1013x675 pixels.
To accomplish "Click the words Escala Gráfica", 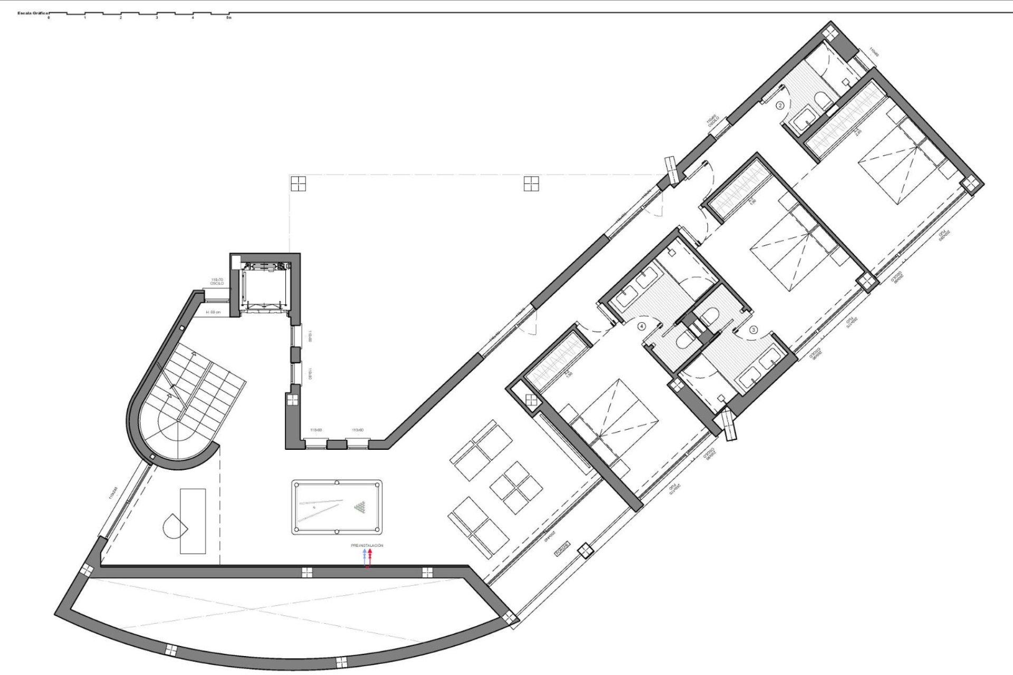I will [x=33, y=13].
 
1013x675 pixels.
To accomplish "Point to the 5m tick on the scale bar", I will [x=228, y=17].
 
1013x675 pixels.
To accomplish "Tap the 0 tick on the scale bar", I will [x=49, y=17].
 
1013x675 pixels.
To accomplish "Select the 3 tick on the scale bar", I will [x=157, y=17].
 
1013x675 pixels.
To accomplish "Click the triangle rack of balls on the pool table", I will [x=361, y=507].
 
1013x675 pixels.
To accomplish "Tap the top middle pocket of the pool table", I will [x=337, y=482].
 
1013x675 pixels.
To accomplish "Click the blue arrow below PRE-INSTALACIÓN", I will [x=364, y=554].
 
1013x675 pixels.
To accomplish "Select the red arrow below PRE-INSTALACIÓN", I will [x=370, y=554].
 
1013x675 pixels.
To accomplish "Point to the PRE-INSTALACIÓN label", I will [x=367, y=545].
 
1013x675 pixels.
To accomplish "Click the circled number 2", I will [x=780, y=105].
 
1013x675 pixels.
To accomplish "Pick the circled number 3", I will [x=753, y=330].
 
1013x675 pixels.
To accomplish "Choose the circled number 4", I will [x=642, y=326].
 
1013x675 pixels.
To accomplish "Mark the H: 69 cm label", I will [x=214, y=313].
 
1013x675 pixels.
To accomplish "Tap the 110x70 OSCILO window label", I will [x=217, y=282].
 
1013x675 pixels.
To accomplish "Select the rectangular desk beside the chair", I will [x=193, y=521].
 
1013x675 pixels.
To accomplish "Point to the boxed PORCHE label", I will [x=562, y=549].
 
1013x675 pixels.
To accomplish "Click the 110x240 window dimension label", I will [x=112, y=493].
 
